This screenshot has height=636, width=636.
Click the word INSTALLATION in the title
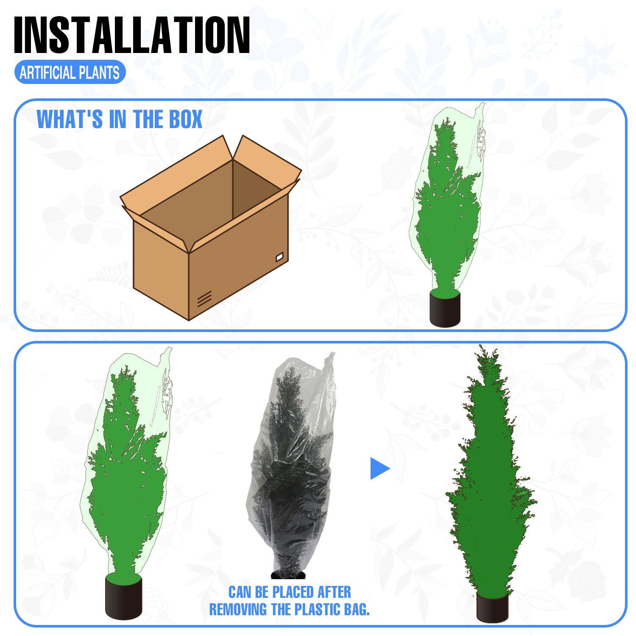(132, 35)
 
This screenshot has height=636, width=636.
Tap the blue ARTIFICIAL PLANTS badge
(70, 73)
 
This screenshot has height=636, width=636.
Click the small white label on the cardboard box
(279, 257)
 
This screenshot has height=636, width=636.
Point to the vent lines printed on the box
(204, 299)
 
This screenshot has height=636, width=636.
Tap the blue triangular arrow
(380, 469)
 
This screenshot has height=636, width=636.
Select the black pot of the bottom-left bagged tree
(123, 597)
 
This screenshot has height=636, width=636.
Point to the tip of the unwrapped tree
(481, 346)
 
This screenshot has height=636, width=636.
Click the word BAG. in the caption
(357, 610)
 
